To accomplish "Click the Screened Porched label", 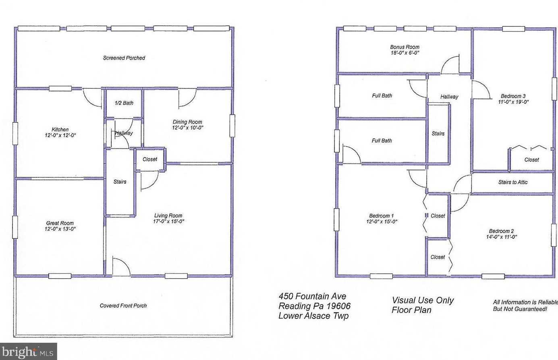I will pos(124,58).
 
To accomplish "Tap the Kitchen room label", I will pos(60,130).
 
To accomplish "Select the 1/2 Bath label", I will pos(124,103).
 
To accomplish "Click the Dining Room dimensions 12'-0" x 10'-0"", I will pos(188,128).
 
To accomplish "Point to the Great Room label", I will pos(60,223).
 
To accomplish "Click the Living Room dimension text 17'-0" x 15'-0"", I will pos(168,221).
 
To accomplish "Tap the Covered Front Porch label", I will pos(123,306).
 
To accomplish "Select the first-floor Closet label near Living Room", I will pos(150,159).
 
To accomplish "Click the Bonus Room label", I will pos(404,47).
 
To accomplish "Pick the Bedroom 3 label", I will pos(513,96).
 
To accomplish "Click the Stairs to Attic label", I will pos(512,182).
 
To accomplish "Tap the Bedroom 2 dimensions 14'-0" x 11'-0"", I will pos(501,237).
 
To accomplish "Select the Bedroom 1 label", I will pos(382,216).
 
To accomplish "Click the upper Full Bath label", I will pos(382,96).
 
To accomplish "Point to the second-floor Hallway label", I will pos(449,97).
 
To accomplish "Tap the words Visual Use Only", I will pos(423,300).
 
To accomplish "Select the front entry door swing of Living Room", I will pos(120,267).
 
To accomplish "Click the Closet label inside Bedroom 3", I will pos(531,160).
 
